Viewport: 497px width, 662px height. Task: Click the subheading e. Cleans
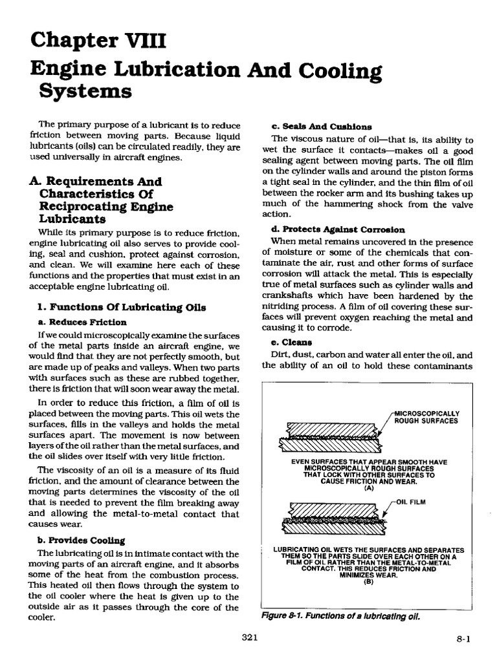(297, 342)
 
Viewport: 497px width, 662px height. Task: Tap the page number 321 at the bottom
(249, 637)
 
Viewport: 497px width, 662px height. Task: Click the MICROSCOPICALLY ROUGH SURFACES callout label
(426, 416)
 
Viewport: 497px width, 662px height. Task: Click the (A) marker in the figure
(370, 488)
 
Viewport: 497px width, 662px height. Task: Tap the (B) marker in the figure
(370, 581)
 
